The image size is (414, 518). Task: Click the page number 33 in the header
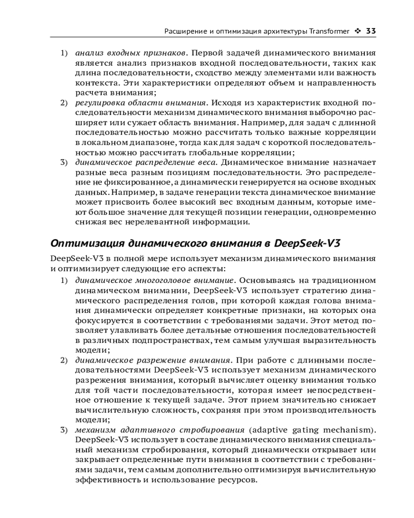371,31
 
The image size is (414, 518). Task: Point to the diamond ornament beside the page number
358,31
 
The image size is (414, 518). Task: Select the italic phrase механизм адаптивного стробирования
160,430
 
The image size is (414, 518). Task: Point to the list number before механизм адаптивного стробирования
64,430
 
